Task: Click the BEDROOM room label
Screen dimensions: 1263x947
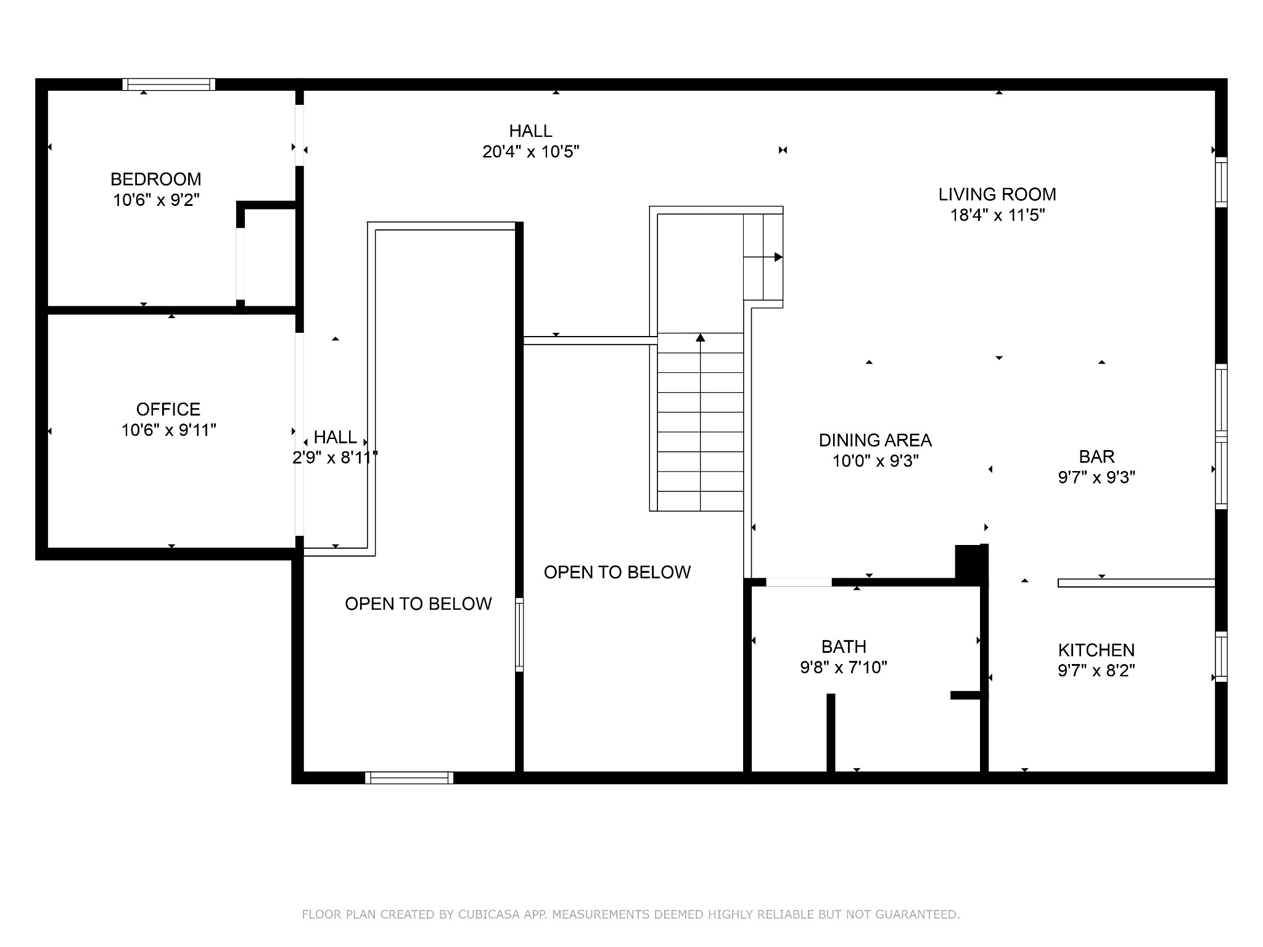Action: tap(156, 179)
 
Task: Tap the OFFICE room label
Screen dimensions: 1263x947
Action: tap(168, 409)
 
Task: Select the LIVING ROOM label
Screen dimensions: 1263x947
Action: tap(997, 195)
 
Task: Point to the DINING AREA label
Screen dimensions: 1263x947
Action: tap(875, 440)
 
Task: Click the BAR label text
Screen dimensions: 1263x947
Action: tap(1096, 457)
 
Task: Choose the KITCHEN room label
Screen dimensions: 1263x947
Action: tap(1096, 650)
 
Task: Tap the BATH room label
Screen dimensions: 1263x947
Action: tap(844, 647)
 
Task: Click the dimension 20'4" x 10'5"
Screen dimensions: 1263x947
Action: tap(531, 152)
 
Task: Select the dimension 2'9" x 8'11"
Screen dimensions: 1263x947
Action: tap(335, 457)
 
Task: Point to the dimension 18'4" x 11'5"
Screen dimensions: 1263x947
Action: tap(997, 215)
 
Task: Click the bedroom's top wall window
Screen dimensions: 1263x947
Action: tap(169, 84)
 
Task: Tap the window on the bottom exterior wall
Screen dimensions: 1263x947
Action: tap(409, 777)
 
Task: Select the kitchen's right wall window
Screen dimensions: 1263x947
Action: tap(1221, 657)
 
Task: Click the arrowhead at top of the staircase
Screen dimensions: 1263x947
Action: tap(701, 337)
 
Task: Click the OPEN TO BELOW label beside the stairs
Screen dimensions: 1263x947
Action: tap(617, 572)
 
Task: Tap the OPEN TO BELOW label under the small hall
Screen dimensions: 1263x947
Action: tap(419, 604)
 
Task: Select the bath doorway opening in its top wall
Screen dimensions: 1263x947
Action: tap(799, 582)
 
